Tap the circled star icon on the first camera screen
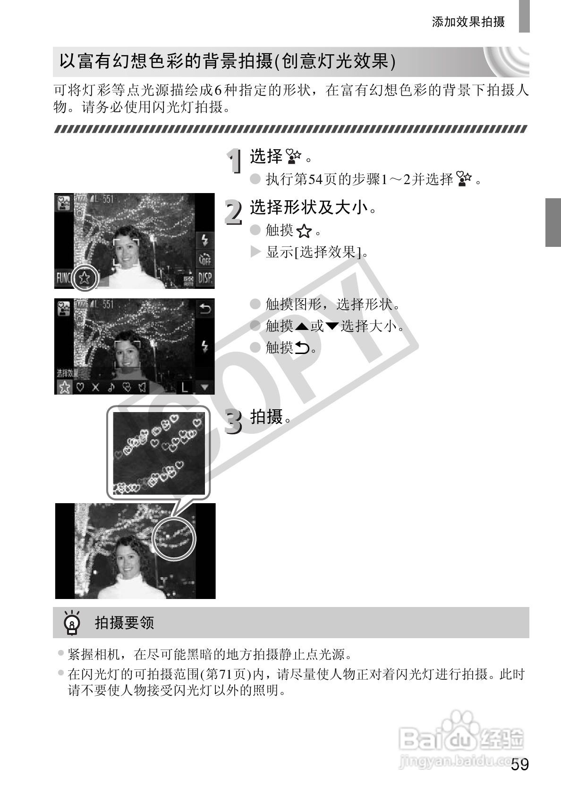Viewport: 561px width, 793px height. pyautogui.click(x=85, y=278)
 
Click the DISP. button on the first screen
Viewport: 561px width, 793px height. pyautogui.click(x=205, y=278)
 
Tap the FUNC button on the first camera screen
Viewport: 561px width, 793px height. pyautogui.click(x=63, y=278)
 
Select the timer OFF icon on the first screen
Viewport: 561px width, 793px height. pyautogui.click(x=205, y=259)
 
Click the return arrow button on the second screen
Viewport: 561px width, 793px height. pyautogui.click(x=205, y=309)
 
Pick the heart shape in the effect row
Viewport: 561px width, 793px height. pyautogui.click(x=80, y=387)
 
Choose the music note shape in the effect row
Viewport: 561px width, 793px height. pyautogui.click(x=111, y=387)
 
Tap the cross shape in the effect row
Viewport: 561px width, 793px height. pyautogui.click(x=95, y=387)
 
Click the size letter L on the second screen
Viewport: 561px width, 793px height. pyautogui.click(x=184, y=387)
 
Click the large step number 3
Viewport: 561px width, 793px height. pyautogui.click(x=233, y=421)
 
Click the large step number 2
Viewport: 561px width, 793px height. pyautogui.click(x=233, y=212)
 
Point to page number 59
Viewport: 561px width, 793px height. pyautogui.click(x=519, y=765)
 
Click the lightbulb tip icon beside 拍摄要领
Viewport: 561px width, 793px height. pyautogui.click(x=72, y=623)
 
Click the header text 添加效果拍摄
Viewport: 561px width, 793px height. pyautogui.click(x=468, y=22)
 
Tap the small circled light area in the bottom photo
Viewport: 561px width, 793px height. pyautogui.click(x=174, y=538)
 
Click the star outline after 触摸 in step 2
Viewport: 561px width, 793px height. pyautogui.click(x=305, y=231)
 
